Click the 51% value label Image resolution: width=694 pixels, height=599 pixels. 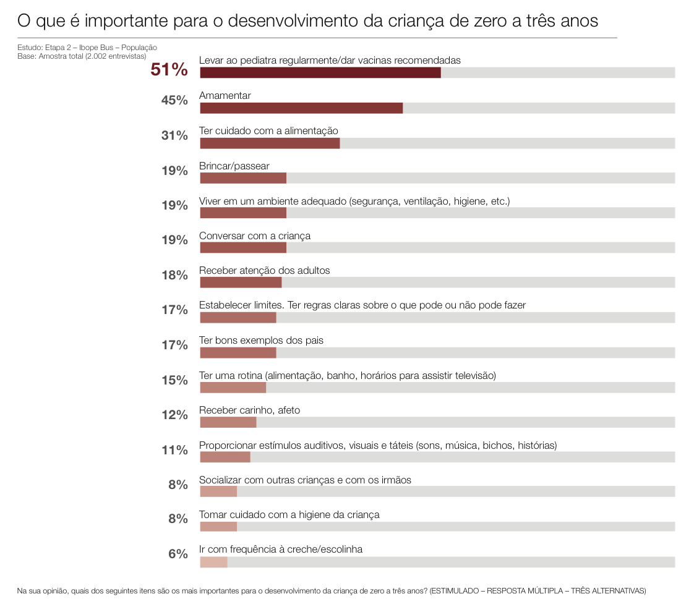click(x=169, y=70)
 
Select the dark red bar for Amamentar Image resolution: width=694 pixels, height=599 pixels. click(x=301, y=108)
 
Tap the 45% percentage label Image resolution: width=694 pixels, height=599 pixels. click(x=174, y=101)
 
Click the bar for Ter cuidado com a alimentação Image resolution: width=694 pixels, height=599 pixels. click(x=270, y=143)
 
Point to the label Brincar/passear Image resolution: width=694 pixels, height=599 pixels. click(x=234, y=166)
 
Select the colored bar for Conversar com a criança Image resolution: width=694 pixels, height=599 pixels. click(x=243, y=248)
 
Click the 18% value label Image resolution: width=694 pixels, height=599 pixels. click(x=174, y=276)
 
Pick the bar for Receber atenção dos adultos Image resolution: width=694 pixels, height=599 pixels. click(x=241, y=283)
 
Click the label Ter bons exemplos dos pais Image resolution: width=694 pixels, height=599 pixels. click(x=261, y=341)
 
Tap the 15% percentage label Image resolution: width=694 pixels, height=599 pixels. click(x=174, y=380)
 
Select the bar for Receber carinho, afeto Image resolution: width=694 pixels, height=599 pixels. click(x=228, y=422)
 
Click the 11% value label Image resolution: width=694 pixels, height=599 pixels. click(x=174, y=450)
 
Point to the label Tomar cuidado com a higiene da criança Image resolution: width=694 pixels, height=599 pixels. click(x=289, y=514)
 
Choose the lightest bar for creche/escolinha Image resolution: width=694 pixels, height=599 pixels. click(x=213, y=562)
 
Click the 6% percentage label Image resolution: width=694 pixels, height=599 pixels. click(x=178, y=554)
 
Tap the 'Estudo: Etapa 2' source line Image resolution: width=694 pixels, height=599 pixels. click(x=87, y=48)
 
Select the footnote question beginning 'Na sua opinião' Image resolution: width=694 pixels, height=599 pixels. click(x=331, y=590)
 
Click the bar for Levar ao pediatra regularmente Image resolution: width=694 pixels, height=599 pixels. click(x=320, y=73)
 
